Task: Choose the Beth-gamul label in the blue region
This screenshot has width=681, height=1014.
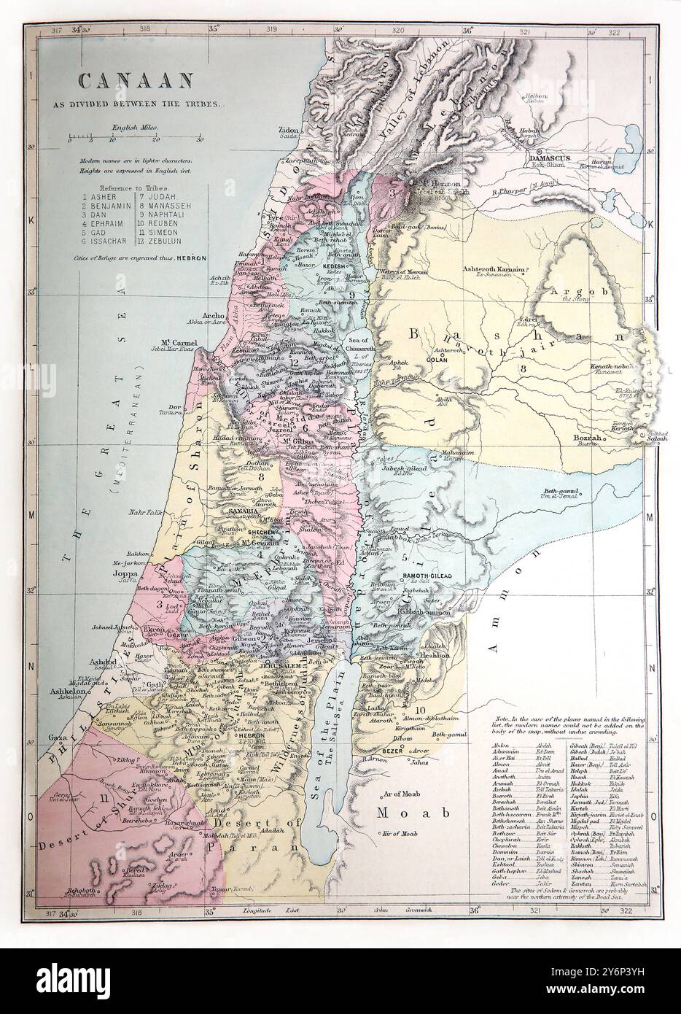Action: tap(560, 492)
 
